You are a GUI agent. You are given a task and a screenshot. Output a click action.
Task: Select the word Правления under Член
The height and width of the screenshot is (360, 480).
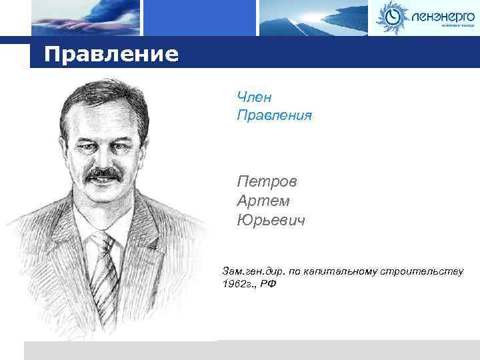point(274,116)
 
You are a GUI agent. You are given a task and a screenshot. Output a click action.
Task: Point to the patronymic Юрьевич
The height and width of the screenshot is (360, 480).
point(271,219)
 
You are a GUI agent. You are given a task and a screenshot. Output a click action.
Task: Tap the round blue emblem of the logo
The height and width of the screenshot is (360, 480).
point(391,17)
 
